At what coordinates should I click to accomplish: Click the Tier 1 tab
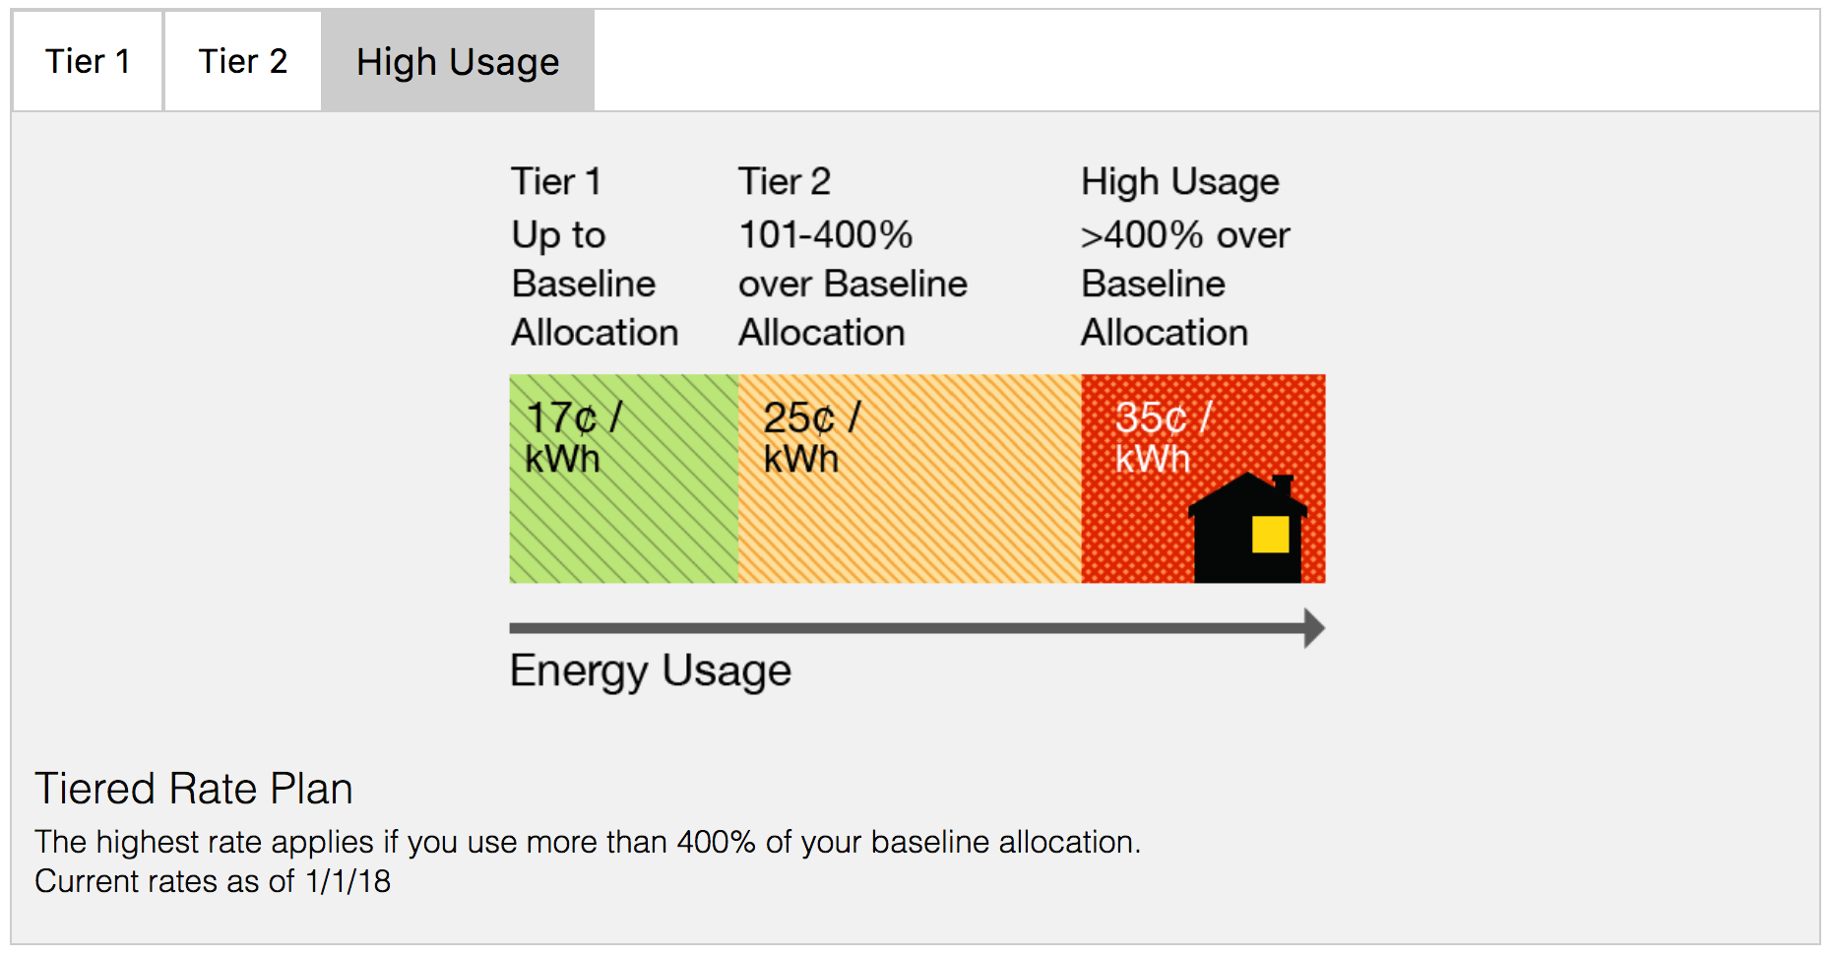[88, 61]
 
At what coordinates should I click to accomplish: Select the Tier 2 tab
[243, 61]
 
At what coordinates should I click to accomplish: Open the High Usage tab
[458, 61]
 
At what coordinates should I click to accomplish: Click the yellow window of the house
[1270, 535]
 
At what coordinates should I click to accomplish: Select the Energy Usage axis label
[650, 670]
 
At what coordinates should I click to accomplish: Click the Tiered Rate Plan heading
[194, 789]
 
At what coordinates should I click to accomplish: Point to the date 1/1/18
[348, 881]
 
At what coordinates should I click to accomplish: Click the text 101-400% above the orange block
[826, 235]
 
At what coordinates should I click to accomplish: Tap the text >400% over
[1184, 235]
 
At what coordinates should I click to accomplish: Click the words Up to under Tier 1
[558, 235]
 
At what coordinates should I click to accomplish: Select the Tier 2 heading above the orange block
[785, 182]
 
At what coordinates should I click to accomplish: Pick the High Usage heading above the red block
[1179, 182]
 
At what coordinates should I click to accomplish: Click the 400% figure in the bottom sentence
[716, 842]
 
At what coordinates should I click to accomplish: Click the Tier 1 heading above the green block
[556, 182]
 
